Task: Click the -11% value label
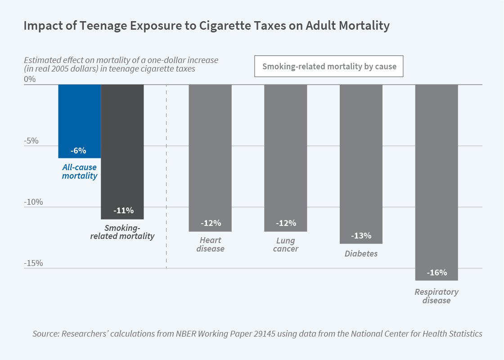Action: click(123, 210)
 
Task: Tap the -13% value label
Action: click(361, 235)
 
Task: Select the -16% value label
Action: click(436, 272)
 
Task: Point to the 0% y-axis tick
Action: click(29, 80)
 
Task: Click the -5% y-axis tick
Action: click(31, 141)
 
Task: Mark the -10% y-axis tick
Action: click(33, 202)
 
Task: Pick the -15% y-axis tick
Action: click(33, 263)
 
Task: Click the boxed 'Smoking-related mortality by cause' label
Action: click(329, 67)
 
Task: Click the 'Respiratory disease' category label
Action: click(436, 296)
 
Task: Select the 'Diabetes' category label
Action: click(361, 254)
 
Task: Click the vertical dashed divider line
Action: click(166, 180)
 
